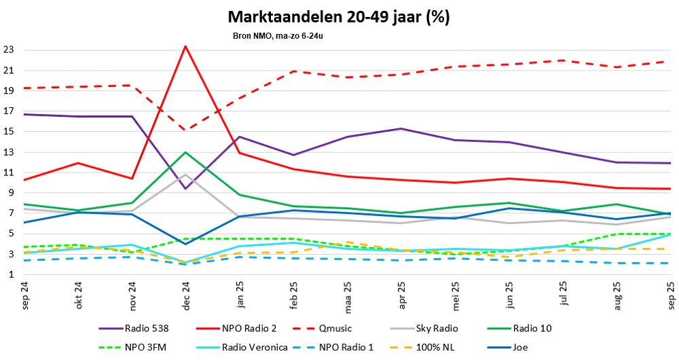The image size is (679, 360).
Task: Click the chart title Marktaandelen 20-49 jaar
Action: tap(338, 16)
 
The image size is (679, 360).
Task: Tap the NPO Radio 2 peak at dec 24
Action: tap(185, 46)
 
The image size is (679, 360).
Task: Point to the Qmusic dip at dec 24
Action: tap(185, 130)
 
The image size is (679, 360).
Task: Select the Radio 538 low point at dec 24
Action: tap(185, 188)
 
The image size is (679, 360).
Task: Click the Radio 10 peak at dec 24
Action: tap(185, 152)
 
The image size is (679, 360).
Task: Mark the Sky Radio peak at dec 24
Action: tap(185, 175)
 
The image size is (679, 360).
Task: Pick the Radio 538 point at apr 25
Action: tap(401, 128)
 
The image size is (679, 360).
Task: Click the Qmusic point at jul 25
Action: tap(562, 60)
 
